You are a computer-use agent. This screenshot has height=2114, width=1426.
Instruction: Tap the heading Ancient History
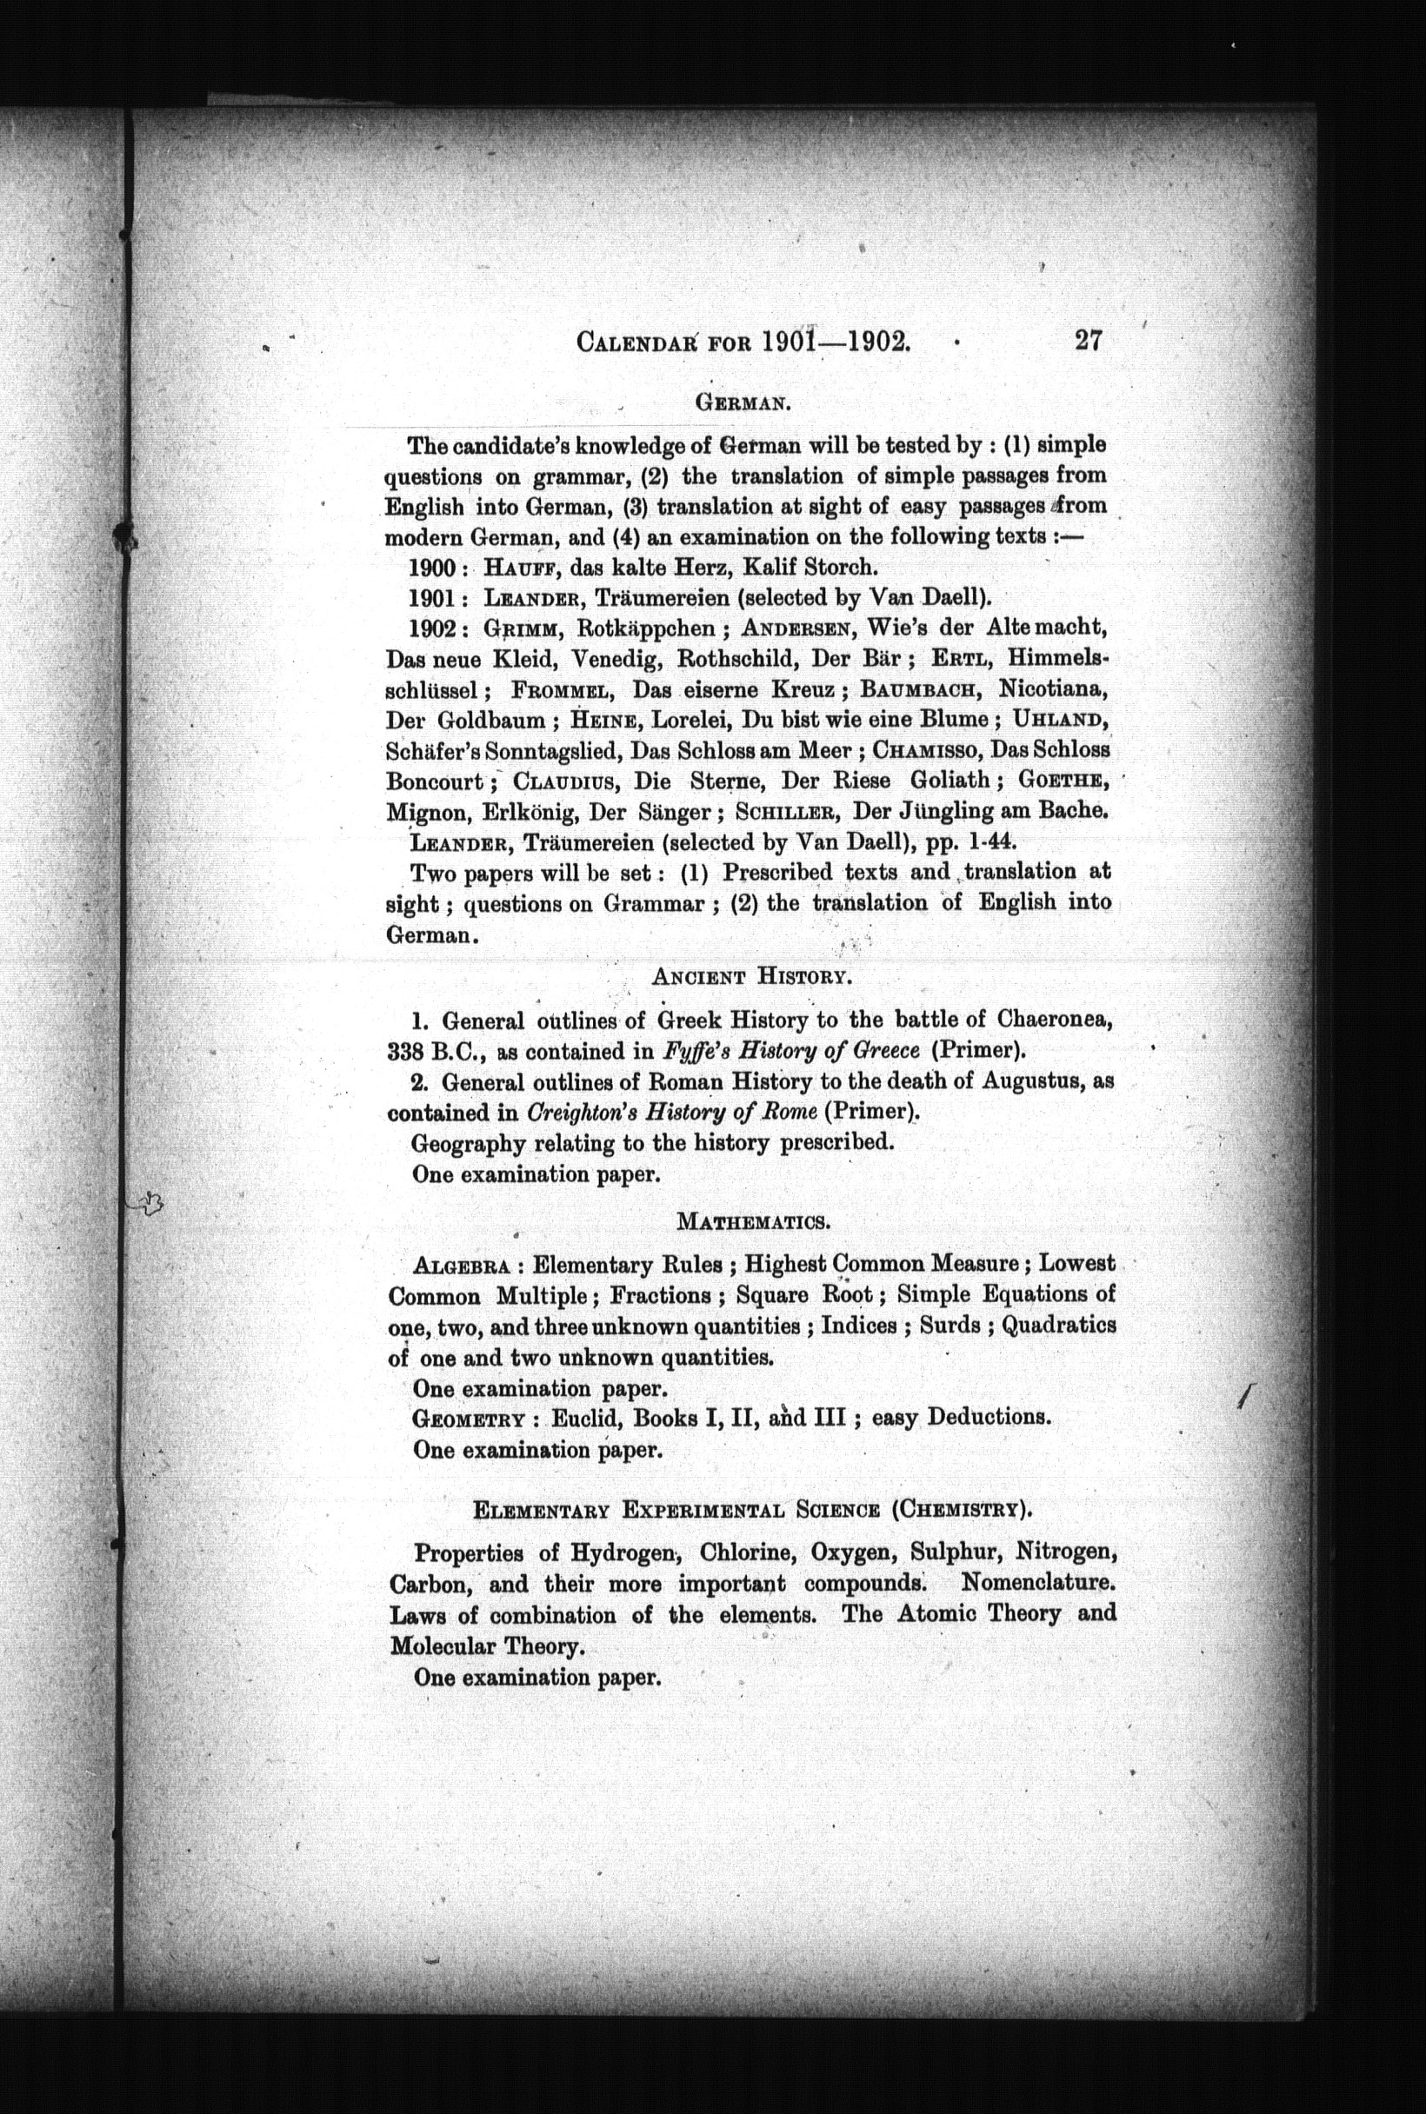(x=750, y=977)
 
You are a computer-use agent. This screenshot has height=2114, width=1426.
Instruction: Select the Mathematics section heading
(x=753, y=1221)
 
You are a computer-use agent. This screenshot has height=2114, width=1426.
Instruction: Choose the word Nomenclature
(x=1037, y=1583)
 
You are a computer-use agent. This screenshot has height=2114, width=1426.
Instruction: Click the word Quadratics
(x=1058, y=1326)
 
